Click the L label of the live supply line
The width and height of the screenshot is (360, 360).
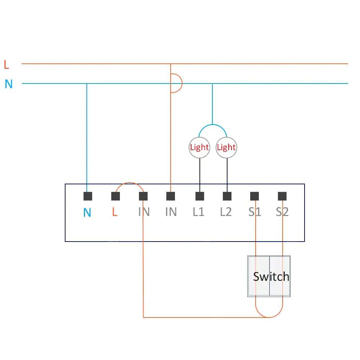tap(6, 65)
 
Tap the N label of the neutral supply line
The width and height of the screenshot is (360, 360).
tap(9, 84)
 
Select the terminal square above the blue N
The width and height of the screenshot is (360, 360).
tap(88, 196)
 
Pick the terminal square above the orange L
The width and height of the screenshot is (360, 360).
tap(116, 196)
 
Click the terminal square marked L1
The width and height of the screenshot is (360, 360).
tap(200, 196)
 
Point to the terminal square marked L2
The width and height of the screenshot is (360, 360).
tap(227, 196)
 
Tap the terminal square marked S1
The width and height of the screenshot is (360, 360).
tap(255, 196)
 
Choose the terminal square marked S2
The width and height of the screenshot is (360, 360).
tap(282, 196)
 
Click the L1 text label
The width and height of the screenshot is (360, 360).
tap(198, 212)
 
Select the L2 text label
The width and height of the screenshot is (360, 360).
tap(226, 212)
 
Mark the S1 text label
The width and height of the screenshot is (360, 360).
tap(255, 212)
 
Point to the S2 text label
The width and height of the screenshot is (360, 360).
tap(282, 212)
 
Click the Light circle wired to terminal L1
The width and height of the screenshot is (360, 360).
tap(199, 147)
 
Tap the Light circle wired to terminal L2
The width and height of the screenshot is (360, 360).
tap(226, 147)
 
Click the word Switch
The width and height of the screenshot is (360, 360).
tap(271, 276)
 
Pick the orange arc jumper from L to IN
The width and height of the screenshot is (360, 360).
tap(129, 184)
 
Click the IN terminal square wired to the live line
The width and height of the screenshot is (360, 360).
tap(171, 196)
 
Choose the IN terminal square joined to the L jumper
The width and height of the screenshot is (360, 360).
tap(143, 196)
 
